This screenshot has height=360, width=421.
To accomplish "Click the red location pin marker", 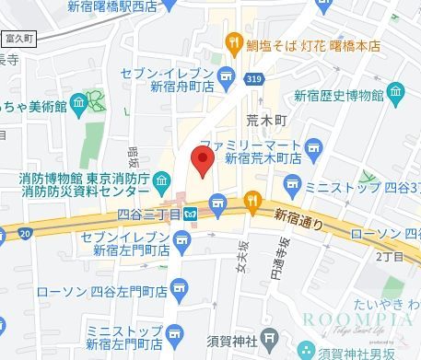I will click(x=203, y=162).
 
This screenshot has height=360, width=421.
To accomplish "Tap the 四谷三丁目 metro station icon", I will click(x=191, y=214).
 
